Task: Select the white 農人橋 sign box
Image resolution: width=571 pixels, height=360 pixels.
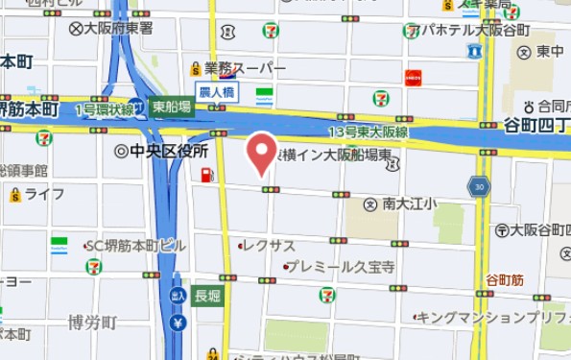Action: (217, 92)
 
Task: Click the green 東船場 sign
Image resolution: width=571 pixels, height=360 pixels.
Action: (173, 108)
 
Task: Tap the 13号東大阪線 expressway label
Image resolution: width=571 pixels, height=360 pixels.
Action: (369, 132)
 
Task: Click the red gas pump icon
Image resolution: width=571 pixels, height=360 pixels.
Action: (205, 175)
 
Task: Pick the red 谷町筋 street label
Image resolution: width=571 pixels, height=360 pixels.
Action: (504, 279)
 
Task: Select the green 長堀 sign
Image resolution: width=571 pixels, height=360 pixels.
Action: (206, 295)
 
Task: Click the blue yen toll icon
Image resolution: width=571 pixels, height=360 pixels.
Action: (178, 323)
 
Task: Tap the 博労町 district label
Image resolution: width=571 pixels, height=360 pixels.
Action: (92, 322)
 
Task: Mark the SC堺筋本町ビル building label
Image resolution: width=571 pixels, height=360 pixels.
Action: (135, 246)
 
